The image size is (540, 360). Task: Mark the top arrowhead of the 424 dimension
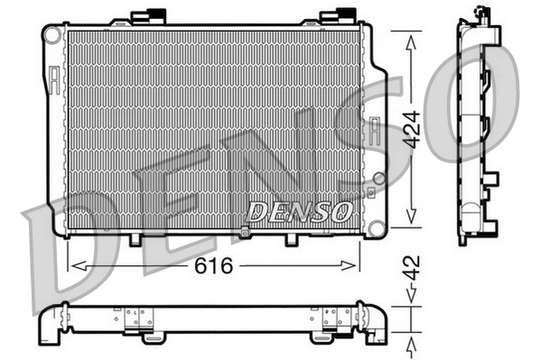coord(410,37)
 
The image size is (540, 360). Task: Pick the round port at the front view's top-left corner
coord(52,35)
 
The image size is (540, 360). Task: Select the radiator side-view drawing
coord(476,126)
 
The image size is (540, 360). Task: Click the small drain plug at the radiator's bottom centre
coord(245,235)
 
